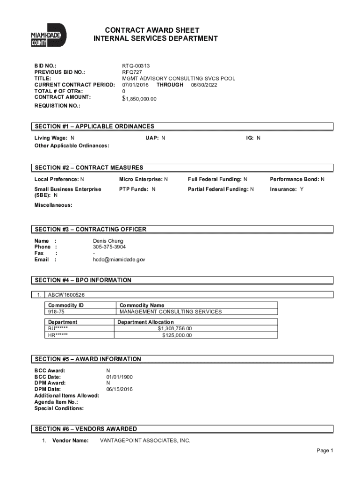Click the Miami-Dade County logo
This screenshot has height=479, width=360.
coord(49,36)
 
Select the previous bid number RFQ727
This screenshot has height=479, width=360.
coord(131,73)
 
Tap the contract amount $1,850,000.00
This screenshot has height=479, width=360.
coord(139,99)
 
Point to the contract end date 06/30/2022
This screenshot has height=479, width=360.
coord(204,85)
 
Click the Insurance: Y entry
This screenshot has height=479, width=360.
coord(287,189)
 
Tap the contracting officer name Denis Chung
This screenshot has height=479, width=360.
coord(108,241)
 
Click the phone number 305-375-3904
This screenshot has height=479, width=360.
coord(109,247)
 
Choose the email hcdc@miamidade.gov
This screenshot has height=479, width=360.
coord(119,259)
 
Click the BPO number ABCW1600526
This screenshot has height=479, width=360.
coord(66,295)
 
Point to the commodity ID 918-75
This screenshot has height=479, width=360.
coord(55,312)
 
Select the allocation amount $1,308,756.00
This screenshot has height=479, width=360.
coord(174,328)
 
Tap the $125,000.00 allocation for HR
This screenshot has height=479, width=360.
coord(177,335)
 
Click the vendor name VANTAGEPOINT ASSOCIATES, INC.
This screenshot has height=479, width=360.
coord(145,441)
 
